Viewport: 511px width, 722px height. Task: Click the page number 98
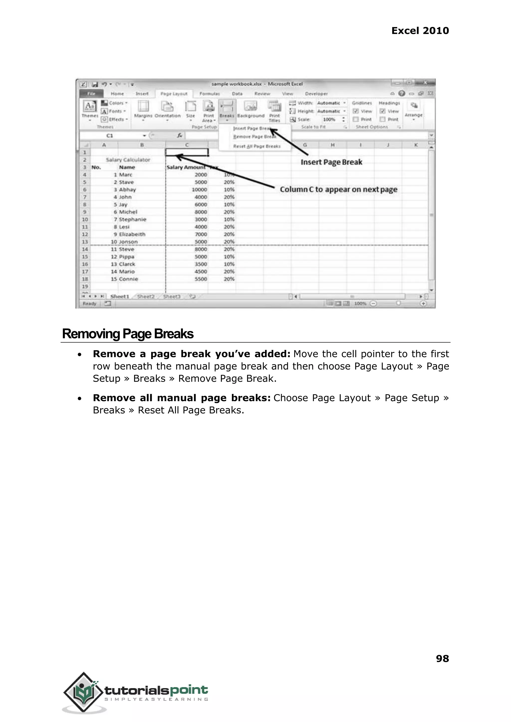tap(442, 658)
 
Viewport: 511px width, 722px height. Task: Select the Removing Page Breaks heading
tap(128, 334)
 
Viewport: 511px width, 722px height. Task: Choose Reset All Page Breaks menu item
tap(256, 146)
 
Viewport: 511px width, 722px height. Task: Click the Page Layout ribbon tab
tap(174, 94)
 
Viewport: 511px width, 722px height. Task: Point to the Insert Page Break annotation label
tap(331, 162)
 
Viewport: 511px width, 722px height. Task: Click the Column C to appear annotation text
tap(339, 189)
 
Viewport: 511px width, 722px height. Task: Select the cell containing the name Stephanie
tap(132, 219)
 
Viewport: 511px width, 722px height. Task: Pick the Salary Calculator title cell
tap(128, 160)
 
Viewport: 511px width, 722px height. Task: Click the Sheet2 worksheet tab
tap(146, 296)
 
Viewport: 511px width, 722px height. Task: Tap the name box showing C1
tap(110, 135)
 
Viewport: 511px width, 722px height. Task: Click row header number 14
tap(85, 249)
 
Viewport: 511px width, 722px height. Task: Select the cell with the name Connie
tap(128, 279)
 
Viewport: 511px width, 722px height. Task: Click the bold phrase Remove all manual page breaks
tap(182, 398)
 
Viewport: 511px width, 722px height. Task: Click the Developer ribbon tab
tap(316, 94)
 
